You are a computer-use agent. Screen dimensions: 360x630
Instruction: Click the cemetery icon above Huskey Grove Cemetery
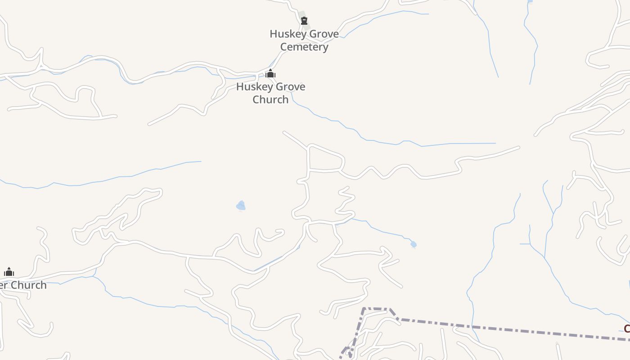pos(304,21)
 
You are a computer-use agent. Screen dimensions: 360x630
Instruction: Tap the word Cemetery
pos(304,47)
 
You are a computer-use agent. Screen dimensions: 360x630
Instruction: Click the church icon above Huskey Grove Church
pos(270,73)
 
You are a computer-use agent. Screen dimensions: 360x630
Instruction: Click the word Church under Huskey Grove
pos(270,99)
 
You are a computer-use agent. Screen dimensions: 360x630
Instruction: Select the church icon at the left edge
pos(9,272)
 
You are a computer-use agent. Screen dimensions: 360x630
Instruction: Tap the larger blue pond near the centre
pos(241,206)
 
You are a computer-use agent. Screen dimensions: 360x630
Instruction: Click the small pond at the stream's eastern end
pos(414,244)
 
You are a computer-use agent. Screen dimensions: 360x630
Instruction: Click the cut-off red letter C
pos(626,329)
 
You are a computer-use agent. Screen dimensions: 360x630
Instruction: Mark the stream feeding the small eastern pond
pos(382,230)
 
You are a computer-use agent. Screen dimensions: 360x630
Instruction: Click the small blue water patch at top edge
pos(530,1)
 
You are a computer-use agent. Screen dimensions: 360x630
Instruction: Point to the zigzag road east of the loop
pos(382,172)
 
